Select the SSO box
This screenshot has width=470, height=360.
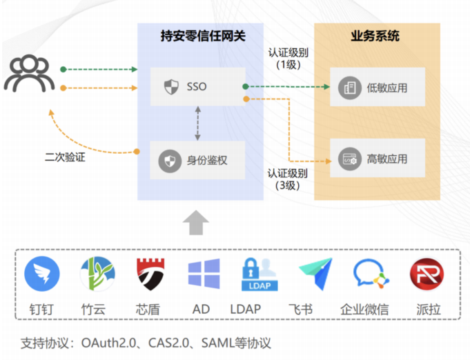(x=198, y=87)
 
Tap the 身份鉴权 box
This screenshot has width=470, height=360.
(x=198, y=161)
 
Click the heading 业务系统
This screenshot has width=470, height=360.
(x=376, y=36)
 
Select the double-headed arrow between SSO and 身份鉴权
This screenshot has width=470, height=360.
(x=198, y=123)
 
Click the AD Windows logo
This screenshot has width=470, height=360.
(x=204, y=274)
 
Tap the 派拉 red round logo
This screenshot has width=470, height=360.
(x=424, y=274)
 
